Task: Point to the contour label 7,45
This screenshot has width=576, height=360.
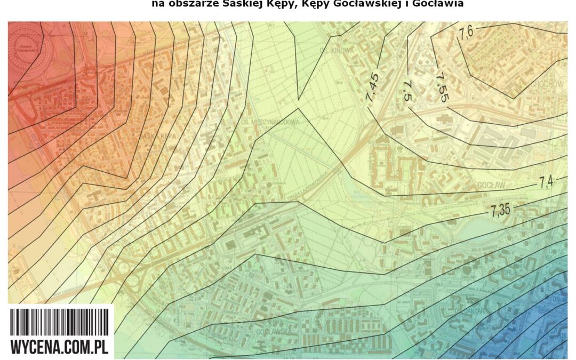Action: pos(373,87)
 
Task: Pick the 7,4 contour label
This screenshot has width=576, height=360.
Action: pos(546,182)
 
